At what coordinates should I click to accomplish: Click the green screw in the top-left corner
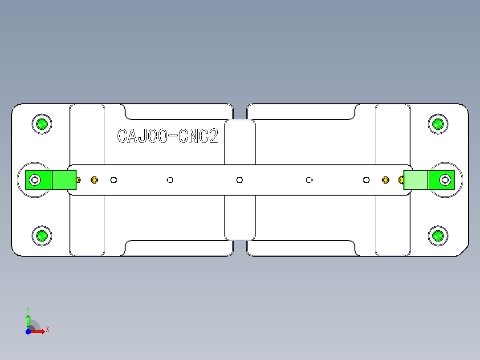click(42, 123)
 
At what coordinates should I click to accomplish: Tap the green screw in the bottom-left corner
click(42, 236)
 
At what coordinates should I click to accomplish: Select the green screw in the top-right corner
click(438, 123)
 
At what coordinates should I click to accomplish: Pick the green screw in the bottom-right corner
click(438, 236)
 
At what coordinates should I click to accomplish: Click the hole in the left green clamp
click(34, 180)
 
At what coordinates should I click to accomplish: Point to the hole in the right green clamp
click(445, 180)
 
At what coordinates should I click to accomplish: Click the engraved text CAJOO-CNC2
click(168, 136)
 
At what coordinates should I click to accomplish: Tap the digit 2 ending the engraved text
click(214, 136)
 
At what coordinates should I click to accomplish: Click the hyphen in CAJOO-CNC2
click(172, 136)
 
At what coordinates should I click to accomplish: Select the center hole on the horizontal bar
click(240, 180)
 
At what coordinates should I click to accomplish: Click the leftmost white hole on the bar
click(114, 180)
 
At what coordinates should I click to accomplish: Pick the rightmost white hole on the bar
click(366, 180)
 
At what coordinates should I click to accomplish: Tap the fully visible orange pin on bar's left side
click(94, 180)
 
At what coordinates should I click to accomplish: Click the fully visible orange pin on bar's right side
click(386, 180)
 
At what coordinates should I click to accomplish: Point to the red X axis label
click(48, 329)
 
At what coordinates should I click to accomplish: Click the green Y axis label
click(28, 309)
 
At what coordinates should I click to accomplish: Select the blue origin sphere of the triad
click(28, 331)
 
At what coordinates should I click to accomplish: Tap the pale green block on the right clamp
click(416, 180)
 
